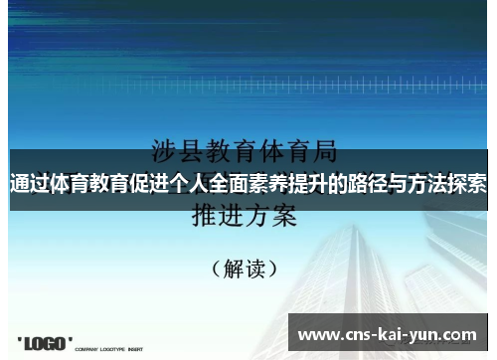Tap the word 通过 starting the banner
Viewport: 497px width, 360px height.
(x=30, y=183)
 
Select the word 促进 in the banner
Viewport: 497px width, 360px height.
(x=154, y=183)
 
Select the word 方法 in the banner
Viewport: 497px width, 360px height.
(x=446, y=183)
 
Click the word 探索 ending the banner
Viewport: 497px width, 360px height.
(x=476, y=183)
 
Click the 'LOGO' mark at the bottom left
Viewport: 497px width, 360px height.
(x=45, y=343)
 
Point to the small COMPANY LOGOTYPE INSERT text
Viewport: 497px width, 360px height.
(x=110, y=349)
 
